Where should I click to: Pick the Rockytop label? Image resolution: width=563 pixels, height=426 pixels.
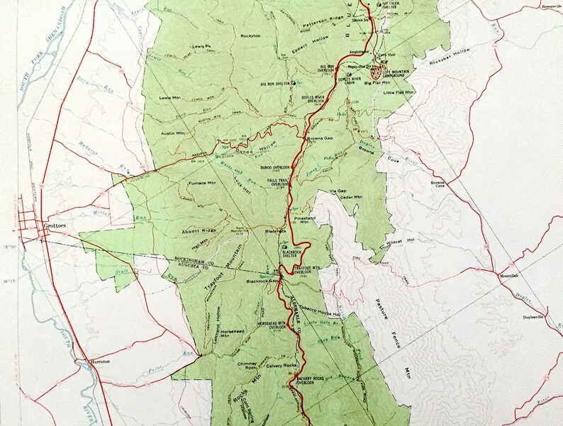[250, 35]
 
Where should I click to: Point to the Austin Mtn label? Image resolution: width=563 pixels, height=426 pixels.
[172, 133]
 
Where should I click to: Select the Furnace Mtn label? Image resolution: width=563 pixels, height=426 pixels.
[201, 184]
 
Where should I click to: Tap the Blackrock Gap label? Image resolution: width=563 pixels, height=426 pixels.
[262, 281]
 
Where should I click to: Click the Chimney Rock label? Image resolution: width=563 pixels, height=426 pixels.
[247, 364]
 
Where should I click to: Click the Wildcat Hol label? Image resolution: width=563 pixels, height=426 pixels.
[399, 242]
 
